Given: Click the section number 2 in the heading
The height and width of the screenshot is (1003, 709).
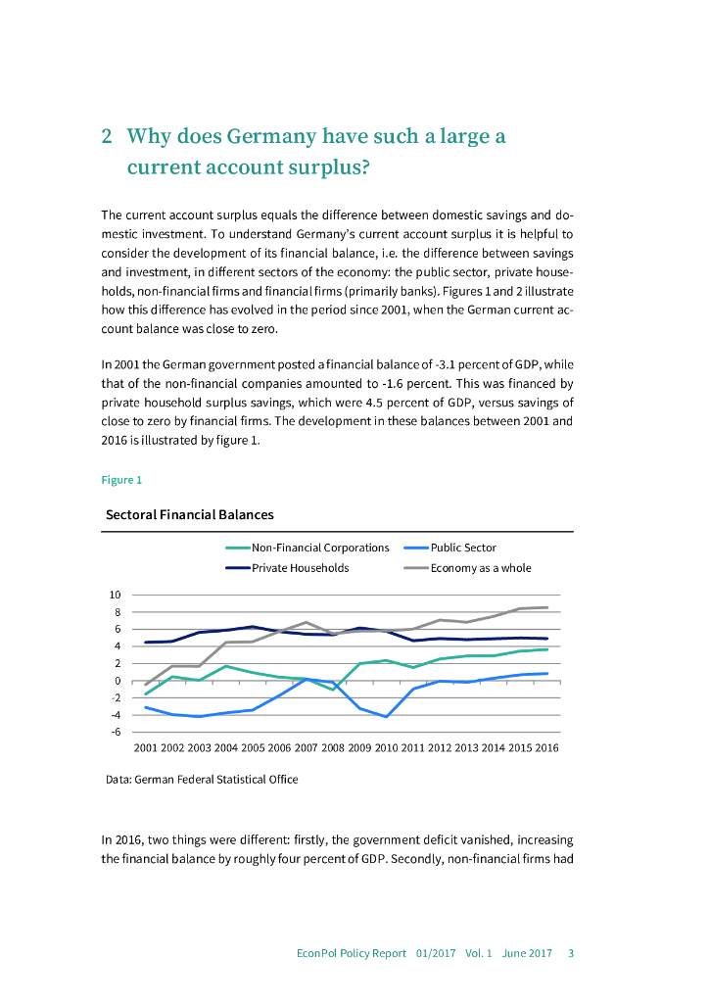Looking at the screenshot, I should (x=108, y=136).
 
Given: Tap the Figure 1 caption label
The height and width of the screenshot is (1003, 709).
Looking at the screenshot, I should (x=121, y=480).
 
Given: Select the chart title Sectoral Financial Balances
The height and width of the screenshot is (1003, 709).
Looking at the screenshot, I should (x=189, y=514).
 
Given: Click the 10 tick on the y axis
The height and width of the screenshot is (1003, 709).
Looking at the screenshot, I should (x=115, y=595).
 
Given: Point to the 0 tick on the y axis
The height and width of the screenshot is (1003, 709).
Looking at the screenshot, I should (x=118, y=681).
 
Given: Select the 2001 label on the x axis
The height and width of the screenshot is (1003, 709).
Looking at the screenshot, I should (x=145, y=747).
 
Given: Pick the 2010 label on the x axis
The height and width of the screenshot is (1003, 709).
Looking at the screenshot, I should (x=386, y=747).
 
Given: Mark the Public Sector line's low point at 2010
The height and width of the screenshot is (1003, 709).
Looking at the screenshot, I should (x=387, y=717).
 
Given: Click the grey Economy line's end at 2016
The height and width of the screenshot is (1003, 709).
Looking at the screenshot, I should (x=546, y=607).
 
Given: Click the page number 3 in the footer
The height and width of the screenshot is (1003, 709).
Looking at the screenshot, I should (x=571, y=953).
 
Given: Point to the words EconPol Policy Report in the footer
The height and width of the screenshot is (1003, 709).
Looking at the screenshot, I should (x=352, y=953).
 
